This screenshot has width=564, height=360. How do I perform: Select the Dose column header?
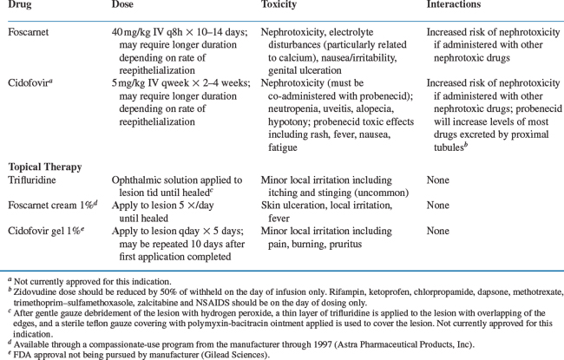point(124,6)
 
